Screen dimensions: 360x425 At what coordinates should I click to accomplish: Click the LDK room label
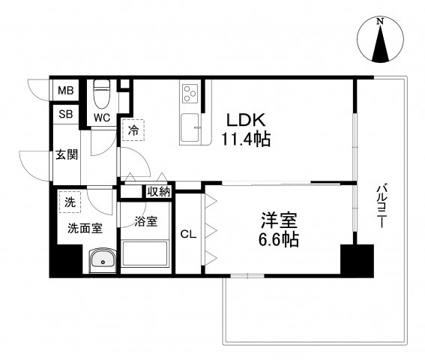pyautogui.click(x=245, y=119)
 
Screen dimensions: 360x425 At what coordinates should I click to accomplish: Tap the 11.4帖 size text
pyautogui.click(x=245, y=139)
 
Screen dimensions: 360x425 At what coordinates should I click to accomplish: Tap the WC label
pyautogui.click(x=103, y=117)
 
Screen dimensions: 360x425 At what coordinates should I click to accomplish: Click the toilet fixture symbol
pyautogui.click(x=102, y=94)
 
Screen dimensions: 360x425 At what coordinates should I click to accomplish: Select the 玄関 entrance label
pyautogui.click(x=66, y=155)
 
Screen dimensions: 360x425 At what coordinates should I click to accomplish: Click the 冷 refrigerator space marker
pyautogui.click(x=132, y=130)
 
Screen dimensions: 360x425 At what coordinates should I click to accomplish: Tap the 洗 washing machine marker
pyautogui.click(x=70, y=202)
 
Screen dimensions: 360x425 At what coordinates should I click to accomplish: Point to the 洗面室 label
pyautogui.click(x=85, y=228)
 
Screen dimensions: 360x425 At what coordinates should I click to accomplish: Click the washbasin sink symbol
pyautogui.click(x=101, y=260)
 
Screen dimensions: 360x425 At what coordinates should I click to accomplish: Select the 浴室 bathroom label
pyautogui.click(x=145, y=222)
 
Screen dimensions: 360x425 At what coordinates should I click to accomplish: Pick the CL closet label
pyautogui.click(x=188, y=233)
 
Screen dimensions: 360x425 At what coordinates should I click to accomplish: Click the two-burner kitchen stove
pyautogui.click(x=190, y=94)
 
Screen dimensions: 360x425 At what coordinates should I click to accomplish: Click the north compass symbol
pyautogui.click(x=380, y=43)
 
